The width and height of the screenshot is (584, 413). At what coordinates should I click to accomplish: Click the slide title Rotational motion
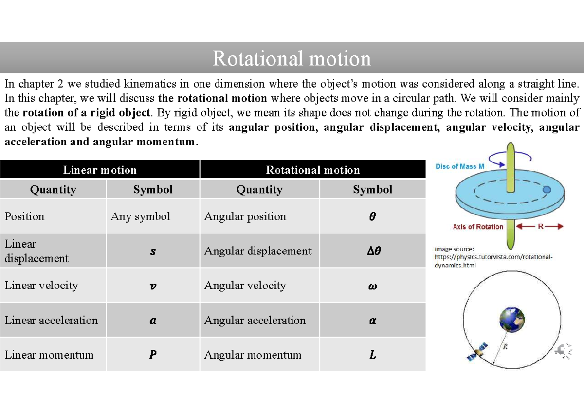tap(292, 59)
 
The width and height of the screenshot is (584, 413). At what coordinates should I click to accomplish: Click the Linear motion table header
tap(100, 170)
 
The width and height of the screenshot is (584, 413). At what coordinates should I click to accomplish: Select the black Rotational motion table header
tap(312, 170)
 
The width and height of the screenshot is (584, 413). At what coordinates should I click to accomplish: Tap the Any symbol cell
tap(141, 216)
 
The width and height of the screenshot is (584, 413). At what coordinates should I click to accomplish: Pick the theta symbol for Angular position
tap(372, 217)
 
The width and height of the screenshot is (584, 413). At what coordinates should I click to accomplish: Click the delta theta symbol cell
tap(372, 251)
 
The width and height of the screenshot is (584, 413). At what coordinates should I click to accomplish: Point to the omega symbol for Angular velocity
tap(372, 286)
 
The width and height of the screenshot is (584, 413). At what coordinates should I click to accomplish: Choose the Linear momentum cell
tap(49, 355)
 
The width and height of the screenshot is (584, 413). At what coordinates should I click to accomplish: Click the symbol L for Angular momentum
tap(372, 355)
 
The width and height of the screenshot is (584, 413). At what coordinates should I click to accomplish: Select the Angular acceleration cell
tap(255, 320)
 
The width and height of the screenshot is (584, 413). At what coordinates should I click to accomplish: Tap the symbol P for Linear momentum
tap(153, 355)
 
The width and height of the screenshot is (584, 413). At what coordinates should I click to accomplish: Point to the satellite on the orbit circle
tap(478, 352)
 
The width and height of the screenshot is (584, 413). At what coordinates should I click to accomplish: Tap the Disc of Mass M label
tap(459, 166)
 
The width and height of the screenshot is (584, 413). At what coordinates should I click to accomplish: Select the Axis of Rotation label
tap(477, 227)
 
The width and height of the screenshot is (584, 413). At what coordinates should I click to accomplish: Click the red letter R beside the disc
tap(541, 226)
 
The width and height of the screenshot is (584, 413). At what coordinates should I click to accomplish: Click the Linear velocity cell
tap(41, 286)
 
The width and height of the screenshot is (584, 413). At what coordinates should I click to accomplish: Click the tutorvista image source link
tap(493, 257)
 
